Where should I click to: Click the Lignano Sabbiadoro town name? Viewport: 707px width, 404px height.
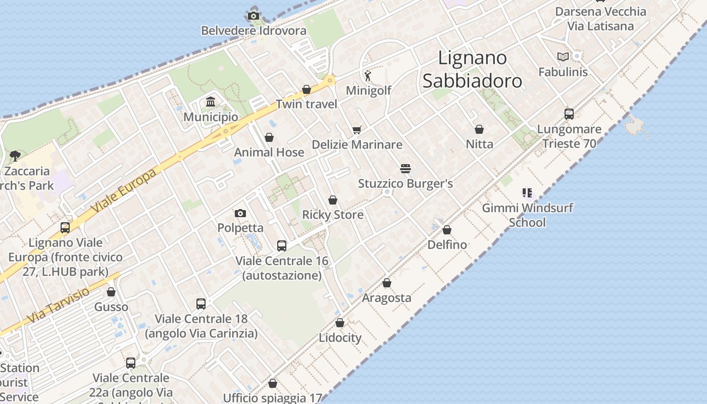(x=472, y=69)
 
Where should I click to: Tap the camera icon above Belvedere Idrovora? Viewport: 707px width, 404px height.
(x=254, y=16)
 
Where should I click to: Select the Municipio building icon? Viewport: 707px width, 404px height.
(x=211, y=103)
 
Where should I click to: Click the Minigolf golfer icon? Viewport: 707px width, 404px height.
(x=368, y=76)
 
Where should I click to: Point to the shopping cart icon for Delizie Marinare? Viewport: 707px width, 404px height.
(x=357, y=130)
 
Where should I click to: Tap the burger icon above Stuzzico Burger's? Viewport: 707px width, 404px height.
(x=406, y=168)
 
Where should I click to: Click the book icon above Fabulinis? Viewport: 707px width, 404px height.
(x=563, y=57)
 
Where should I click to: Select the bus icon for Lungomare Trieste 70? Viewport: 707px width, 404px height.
(x=569, y=114)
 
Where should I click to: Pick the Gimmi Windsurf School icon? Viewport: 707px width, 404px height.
(x=527, y=192)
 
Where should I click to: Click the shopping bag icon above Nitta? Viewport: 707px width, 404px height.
(x=479, y=129)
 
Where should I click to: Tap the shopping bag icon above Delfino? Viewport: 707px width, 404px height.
(x=447, y=230)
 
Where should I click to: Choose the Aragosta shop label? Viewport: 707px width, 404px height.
(x=387, y=298)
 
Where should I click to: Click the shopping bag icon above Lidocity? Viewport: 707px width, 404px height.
(x=340, y=323)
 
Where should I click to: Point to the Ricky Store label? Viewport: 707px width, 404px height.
(x=333, y=215)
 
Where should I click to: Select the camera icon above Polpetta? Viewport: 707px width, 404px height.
(x=240, y=214)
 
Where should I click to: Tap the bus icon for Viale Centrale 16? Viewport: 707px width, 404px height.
(x=282, y=246)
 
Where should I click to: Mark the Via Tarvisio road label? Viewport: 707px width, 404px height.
(x=59, y=305)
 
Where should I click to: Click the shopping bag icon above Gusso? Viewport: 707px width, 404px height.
(x=111, y=292)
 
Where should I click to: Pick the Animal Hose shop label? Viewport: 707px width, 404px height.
(x=269, y=153)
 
